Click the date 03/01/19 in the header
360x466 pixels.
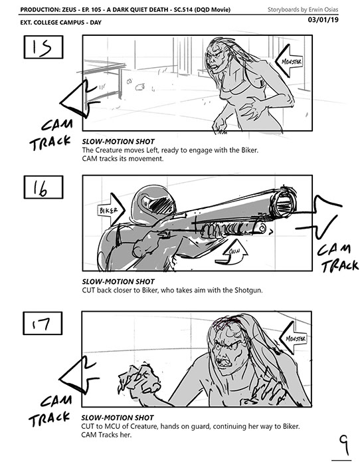(x=323, y=20)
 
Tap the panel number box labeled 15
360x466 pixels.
(x=43, y=47)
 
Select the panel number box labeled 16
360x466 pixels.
(x=43, y=187)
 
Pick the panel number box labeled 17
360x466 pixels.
(x=43, y=323)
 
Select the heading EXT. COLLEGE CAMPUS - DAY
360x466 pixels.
(x=61, y=23)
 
